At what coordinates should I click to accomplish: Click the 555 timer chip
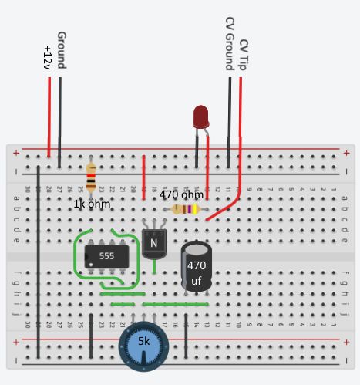point(106,256)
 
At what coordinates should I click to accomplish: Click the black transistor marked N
point(154,242)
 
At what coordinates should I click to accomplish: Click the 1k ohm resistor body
point(91,177)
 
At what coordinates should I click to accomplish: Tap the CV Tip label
point(244,54)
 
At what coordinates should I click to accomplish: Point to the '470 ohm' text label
point(182,195)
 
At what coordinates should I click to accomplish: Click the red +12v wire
point(49,116)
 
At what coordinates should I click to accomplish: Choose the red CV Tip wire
point(241,139)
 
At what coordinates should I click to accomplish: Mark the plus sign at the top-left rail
point(15,152)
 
